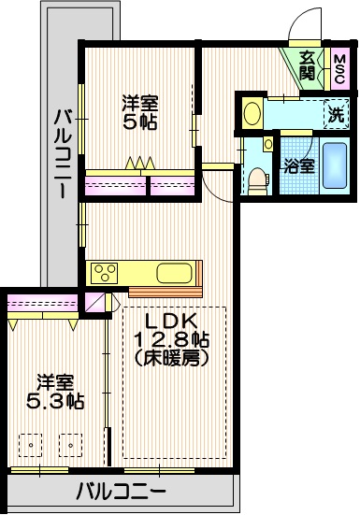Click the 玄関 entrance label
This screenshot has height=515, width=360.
[x=308, y=65]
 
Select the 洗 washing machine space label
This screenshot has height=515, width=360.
[x=336, y=115]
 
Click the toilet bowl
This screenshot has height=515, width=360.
[x=255, y=178]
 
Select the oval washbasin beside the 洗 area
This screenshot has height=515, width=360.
[x=252, y=114]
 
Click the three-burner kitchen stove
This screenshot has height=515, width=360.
[x=104, y=273]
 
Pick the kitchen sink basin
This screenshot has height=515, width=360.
[x=174, y=274]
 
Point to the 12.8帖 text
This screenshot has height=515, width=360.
[x=171, y=340]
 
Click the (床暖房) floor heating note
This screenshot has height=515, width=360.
[x=171, y=358]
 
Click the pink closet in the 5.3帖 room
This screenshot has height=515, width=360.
[x=42, y=304]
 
